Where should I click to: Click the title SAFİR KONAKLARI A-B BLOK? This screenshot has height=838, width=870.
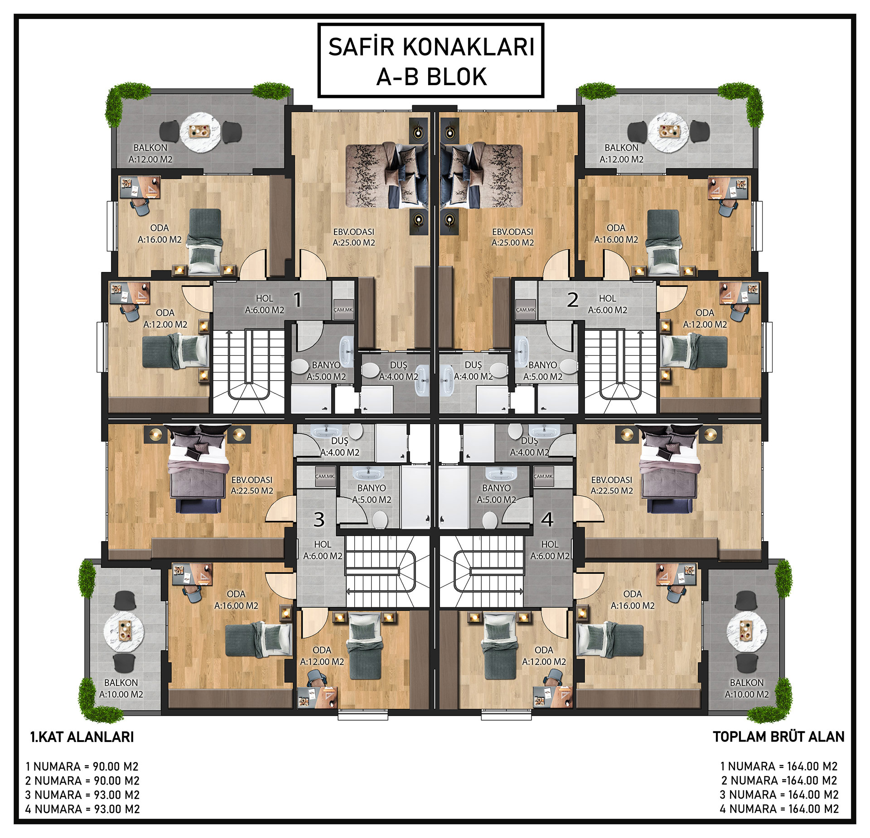[x=431, y=62]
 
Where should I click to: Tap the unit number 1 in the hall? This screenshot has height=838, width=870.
[x=297, y=300]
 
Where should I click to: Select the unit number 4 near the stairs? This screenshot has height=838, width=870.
[x=547, y=519]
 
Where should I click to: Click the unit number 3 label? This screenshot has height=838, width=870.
[x=319, y=519]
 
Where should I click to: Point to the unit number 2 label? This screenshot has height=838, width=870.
[x=573, y=300]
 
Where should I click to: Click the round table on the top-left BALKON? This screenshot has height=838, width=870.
[x=200, y=131]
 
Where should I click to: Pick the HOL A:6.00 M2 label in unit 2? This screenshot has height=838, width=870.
[x=608, y=304]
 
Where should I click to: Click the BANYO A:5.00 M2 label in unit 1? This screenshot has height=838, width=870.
[x=326, y=371]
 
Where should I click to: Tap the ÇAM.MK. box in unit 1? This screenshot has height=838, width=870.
[x=343, y=310]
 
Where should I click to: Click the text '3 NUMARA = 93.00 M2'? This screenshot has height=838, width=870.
[x=82, y=794]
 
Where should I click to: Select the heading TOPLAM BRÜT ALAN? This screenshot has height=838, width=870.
[x=778, y=736]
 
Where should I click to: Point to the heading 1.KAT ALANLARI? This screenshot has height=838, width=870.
[x=82, y=736]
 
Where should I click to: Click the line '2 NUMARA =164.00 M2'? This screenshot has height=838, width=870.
[x=779, y=780]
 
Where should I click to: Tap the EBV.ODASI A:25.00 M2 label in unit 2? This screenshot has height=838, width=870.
[x=512, y=237]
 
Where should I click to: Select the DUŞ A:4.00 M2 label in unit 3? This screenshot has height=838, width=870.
[x=340, y=446]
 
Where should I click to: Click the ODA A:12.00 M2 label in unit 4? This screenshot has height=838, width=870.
[x=544, y=656]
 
